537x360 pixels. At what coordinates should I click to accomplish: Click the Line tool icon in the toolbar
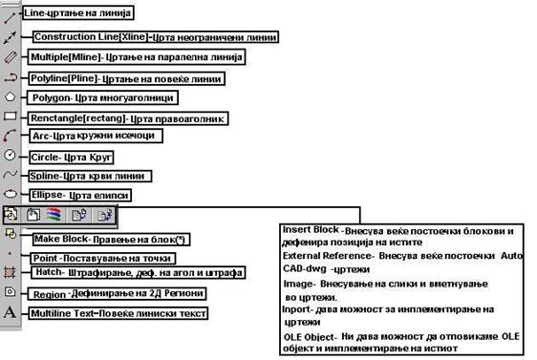10,17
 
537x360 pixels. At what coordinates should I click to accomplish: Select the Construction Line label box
156,37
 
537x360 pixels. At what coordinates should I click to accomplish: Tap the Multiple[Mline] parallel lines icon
10,56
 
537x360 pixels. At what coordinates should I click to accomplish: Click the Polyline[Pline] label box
126,78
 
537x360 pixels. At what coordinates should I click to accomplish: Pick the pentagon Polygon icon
10,96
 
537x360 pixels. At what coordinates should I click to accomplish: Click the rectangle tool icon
10,116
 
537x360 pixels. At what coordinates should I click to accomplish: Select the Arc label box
96,136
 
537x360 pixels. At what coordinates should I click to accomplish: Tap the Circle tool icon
10,155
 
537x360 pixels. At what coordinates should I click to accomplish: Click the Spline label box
90,177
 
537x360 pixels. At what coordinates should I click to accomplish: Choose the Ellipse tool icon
11,194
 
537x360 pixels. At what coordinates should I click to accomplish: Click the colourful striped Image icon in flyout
54,215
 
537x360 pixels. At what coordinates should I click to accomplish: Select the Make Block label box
111,239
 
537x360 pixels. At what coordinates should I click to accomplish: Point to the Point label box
102,259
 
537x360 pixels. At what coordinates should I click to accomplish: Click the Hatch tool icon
10,272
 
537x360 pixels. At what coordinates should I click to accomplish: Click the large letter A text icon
10,312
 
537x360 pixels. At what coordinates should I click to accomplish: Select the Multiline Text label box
118,313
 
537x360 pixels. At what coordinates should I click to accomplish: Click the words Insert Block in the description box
311,230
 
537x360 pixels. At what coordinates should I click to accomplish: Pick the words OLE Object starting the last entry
309,337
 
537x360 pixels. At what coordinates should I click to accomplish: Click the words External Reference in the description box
327,256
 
